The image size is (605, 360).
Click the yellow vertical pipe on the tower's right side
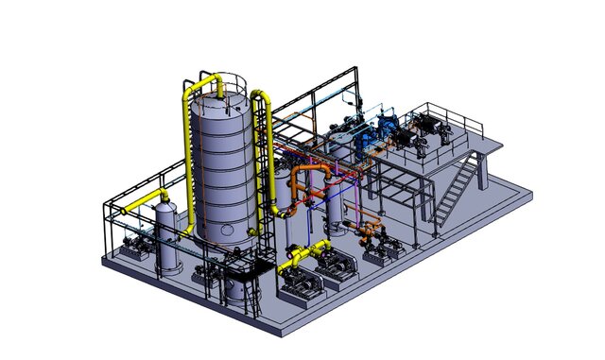268,161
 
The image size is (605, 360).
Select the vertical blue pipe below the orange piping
312,222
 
